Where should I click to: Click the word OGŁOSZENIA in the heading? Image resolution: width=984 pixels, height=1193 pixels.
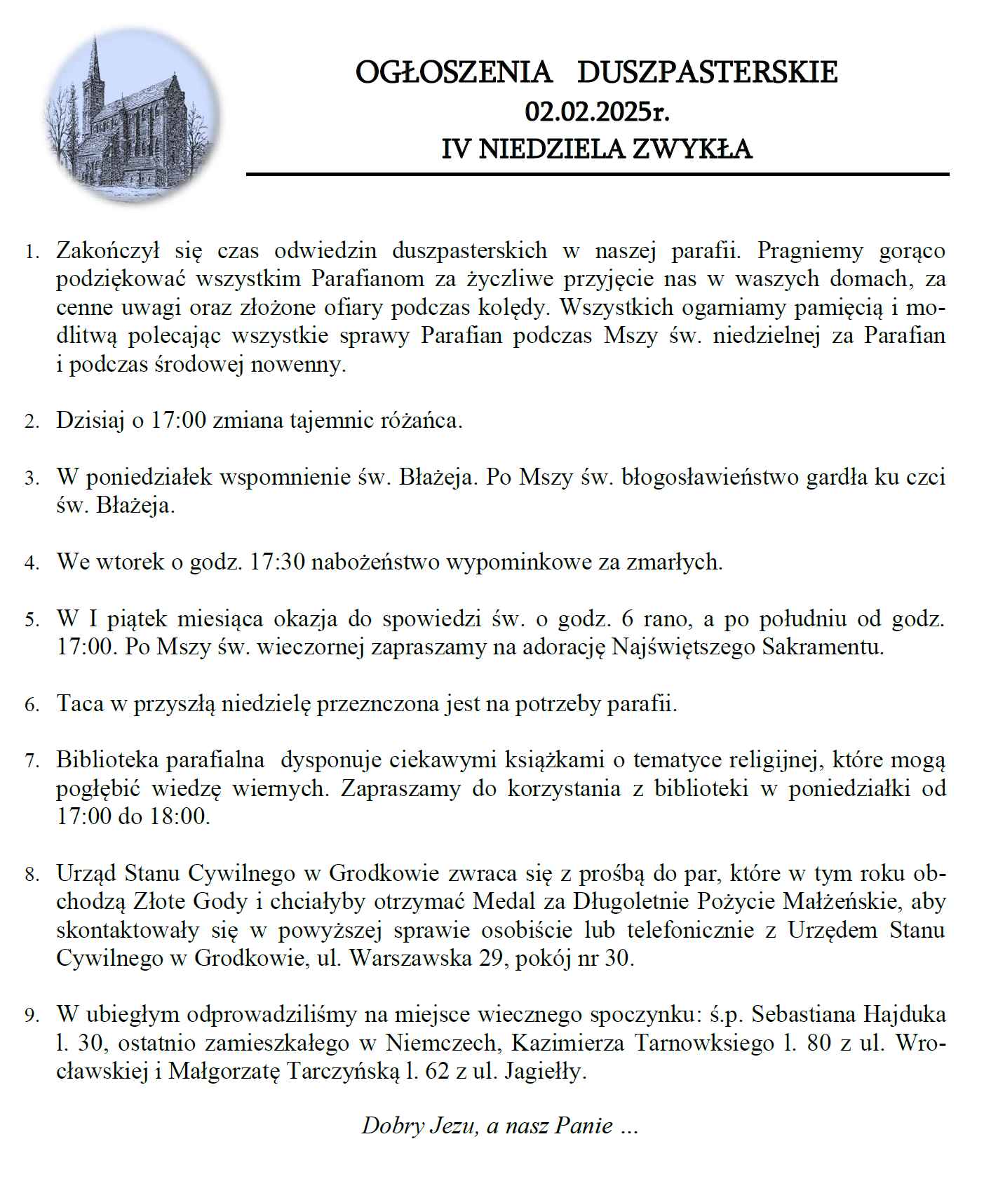pos(454,72)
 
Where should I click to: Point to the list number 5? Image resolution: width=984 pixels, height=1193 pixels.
pos(32,620)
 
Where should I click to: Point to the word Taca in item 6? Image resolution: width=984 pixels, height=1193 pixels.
pos(80,703)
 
